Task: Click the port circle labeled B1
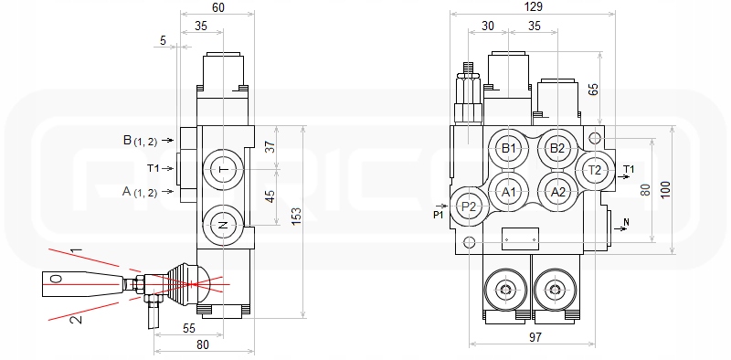coord(509,149)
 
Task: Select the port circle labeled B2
coord(557,149)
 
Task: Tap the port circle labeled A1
coord(509,192)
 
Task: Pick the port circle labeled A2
coord(557,192)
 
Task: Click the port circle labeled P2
coord(469,206)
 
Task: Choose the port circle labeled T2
coord(595,170)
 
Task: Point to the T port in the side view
coord(224,170)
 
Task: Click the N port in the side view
coord(224,226)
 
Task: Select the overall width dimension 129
coord(534,6)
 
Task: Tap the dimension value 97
coord(535,336)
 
